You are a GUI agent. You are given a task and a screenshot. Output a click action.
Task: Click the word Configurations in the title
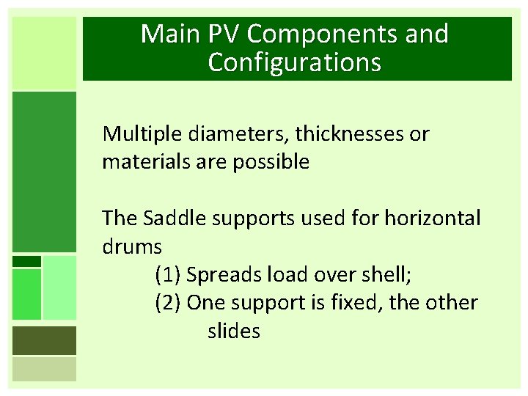coord(295,62)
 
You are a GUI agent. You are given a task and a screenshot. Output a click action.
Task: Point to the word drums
coord(132,246)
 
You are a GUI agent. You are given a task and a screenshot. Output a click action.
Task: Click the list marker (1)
coord(168,275)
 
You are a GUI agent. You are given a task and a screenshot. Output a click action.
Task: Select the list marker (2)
coord(168,302)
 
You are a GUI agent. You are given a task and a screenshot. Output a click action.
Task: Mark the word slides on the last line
coord(234,331)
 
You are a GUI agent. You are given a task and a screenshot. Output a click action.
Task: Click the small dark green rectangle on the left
coord(26,261)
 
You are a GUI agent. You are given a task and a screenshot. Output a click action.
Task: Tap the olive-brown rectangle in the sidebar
coord(44,340)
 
